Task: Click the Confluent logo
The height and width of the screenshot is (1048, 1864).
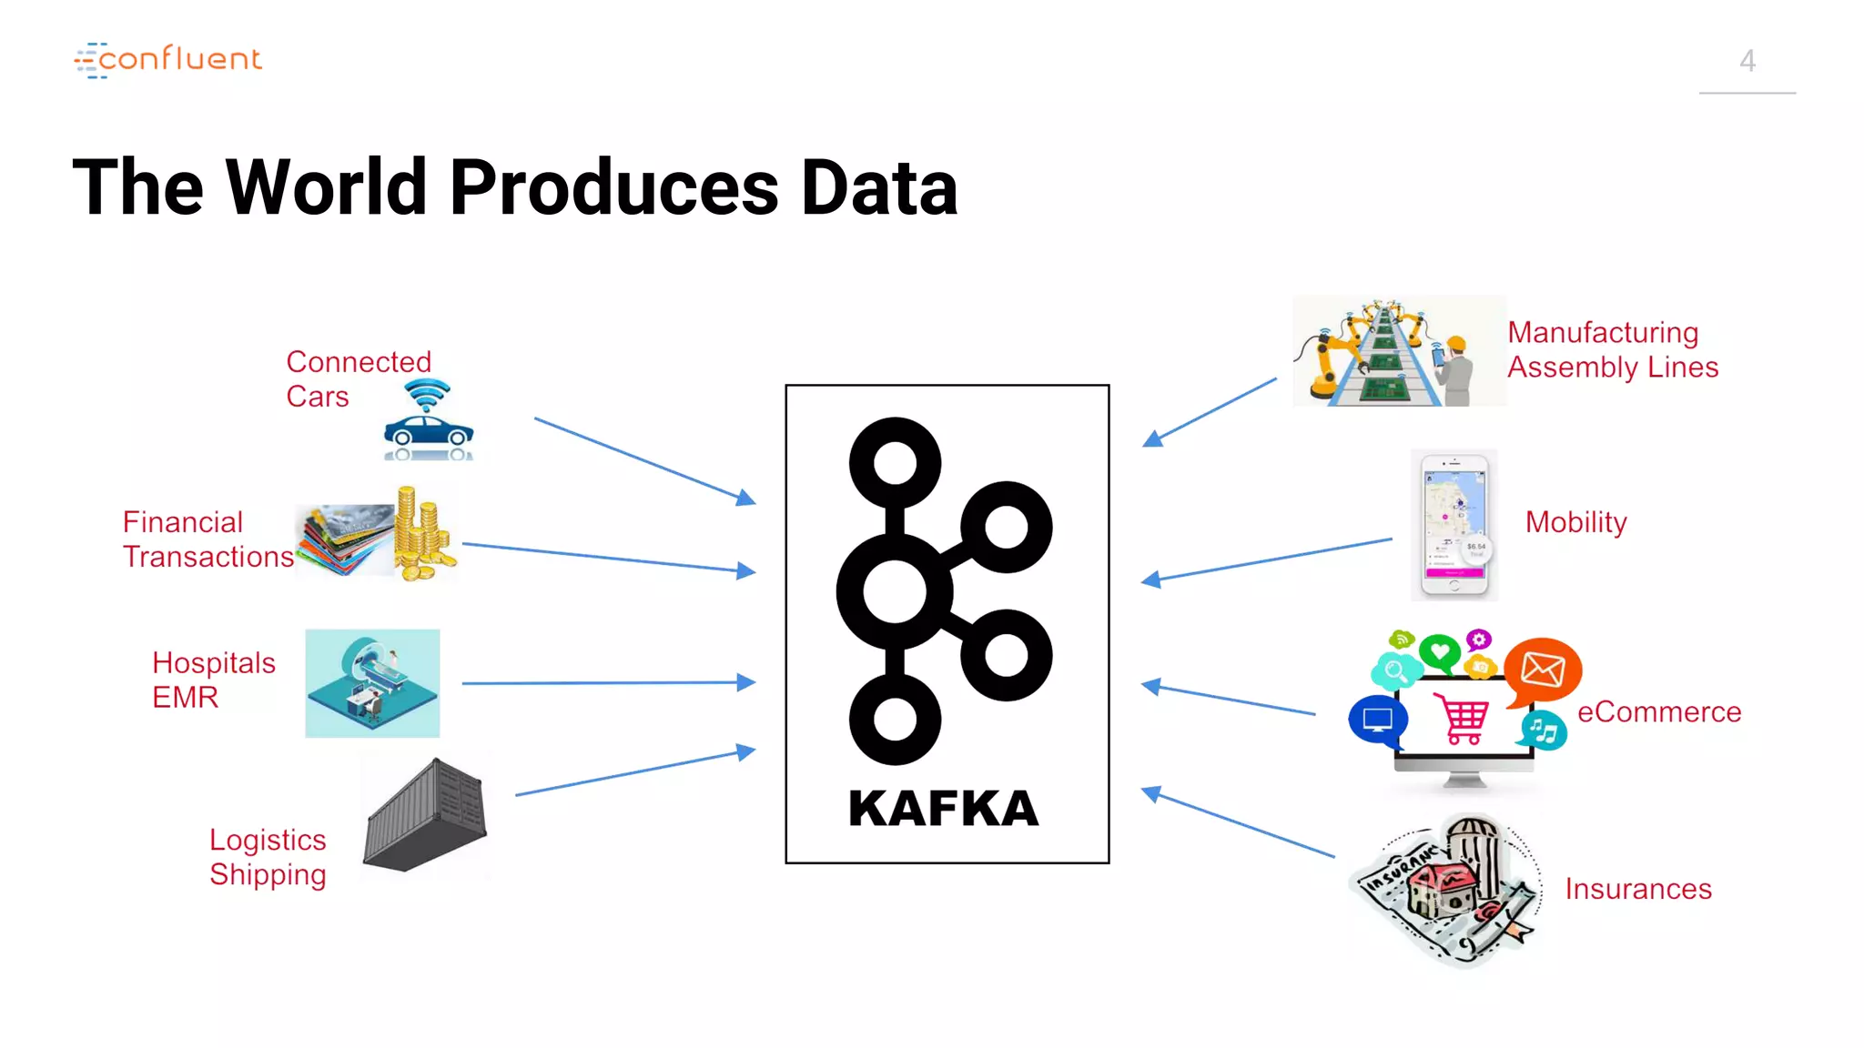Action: tap(168, 60)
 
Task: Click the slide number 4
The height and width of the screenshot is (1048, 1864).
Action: tap(1747, 61)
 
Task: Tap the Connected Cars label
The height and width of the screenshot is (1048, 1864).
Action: tap(358, 378)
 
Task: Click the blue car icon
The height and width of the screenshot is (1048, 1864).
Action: tap(428, 432)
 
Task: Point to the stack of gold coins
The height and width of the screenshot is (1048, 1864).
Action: tap(421, 535)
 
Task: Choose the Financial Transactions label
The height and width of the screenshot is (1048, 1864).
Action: tap(208, 539)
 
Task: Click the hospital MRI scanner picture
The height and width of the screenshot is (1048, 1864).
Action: tap(372, 682)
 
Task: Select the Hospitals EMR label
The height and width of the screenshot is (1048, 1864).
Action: tap(213, 680)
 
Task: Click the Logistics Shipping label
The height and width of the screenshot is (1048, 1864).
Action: tap(268, 856)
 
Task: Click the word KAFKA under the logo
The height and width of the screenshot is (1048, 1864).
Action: tap(943, 808)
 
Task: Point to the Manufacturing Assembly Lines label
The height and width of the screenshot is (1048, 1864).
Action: tap(1612, 349)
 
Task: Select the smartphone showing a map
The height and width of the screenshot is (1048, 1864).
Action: tap(1454, 525)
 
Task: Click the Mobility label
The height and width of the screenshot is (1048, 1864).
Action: tap(1575, 522)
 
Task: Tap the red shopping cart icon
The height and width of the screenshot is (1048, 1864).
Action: tap(1462, 719)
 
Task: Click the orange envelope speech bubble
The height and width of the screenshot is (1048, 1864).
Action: tap(1542, 670)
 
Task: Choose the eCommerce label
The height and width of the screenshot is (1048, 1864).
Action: tap(1658, 711)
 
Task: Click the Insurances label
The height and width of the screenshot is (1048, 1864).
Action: tap(1637, 888)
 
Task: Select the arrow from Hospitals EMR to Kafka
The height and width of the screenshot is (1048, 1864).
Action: tap(608, 682)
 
